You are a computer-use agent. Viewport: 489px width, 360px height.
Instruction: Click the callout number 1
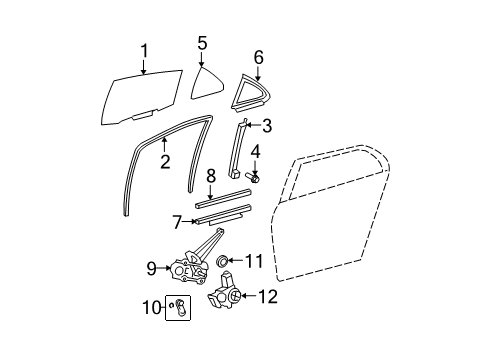pyautogui.click(x=144, y=51)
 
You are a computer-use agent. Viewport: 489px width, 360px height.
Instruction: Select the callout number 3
pyautogui.click(x=266, y=126)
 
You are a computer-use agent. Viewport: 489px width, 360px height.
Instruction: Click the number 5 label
pyautogui.click(x=202, y=43)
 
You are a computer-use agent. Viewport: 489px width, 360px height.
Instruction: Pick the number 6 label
pyautogui.click(x=258, y=58)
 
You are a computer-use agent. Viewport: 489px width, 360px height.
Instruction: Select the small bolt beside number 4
pyautogui.click(x=254, y=179)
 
